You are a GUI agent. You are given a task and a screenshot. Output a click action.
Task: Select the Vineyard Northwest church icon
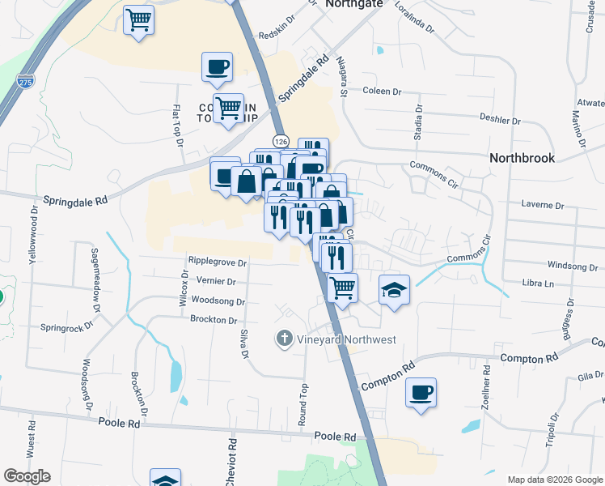(284, 339)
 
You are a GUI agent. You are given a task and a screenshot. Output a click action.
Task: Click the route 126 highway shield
(281, 141)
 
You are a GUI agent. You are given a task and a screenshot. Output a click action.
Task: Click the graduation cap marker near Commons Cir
(394, 290)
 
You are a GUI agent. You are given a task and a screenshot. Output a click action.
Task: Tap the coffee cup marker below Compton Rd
(421, 393)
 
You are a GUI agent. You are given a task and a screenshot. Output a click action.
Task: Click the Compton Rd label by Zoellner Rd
(530, 358)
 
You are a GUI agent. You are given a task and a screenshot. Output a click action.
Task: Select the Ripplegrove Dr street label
(217, 262)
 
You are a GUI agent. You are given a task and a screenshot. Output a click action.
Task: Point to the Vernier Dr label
(216, 282)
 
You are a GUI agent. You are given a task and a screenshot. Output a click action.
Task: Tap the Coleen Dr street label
(383, 92)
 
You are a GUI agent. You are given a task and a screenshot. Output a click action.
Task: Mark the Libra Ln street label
(538, 283)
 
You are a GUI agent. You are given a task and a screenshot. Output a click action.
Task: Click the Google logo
(27, 476)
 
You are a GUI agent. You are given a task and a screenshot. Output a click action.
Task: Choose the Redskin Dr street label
(279, 35)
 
